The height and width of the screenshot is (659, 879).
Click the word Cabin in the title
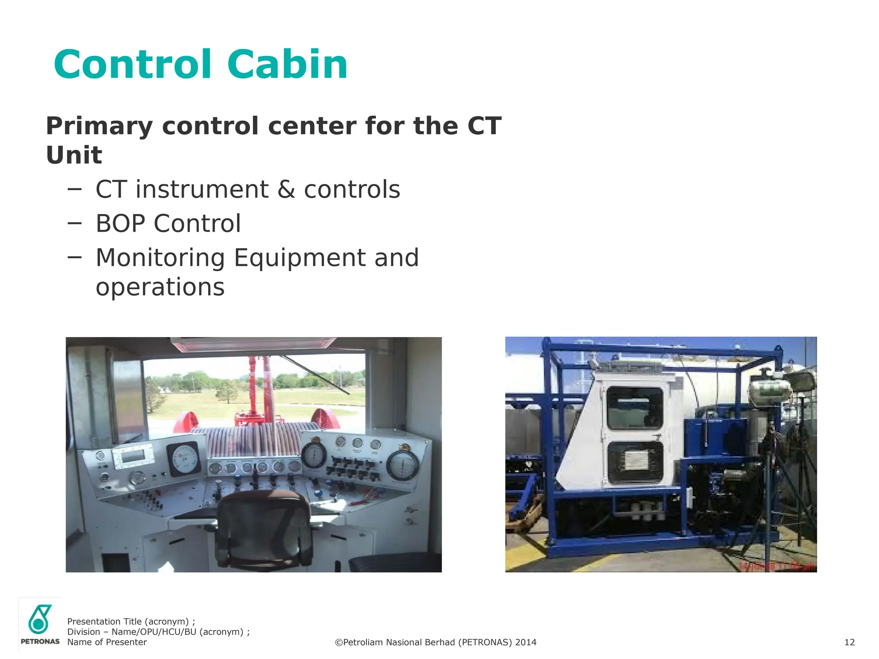[287, 65]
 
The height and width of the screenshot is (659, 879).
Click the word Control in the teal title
[133, 65]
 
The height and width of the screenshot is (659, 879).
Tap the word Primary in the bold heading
[99, 126]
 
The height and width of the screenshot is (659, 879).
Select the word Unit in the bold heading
[74, 155]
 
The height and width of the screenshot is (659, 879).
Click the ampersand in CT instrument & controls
[286, 190]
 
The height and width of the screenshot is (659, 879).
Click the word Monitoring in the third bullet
[160, 258]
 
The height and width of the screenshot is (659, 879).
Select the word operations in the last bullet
[160, 287]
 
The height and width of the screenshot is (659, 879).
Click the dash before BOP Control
[74, 223]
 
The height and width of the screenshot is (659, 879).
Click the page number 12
[849, 642]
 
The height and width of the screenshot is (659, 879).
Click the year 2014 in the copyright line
[526, 642]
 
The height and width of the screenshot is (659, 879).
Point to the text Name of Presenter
[107, 642]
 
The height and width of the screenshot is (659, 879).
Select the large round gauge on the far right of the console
[403, 466]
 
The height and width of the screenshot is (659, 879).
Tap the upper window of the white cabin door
[635, 408]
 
